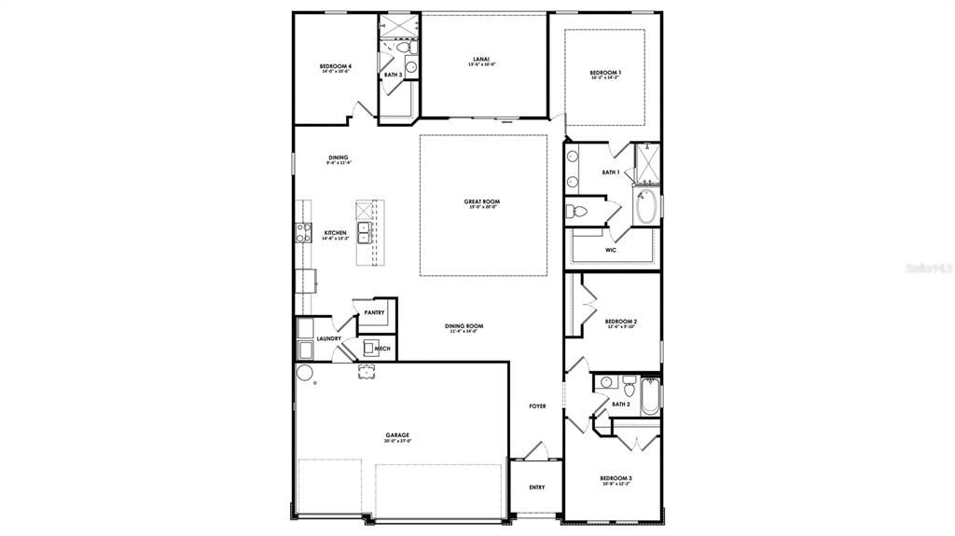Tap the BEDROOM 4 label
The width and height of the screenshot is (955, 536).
335,67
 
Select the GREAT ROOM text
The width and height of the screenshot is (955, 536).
482,201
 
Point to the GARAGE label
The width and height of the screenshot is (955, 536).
398,435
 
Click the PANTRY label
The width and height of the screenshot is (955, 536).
375,313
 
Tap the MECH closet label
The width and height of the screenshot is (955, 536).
382,349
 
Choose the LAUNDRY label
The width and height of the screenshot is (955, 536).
328,339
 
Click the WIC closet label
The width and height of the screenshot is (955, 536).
611,250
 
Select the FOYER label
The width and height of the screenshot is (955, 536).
537,406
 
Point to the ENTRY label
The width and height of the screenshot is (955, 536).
537,488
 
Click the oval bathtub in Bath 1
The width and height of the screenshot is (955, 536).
646,207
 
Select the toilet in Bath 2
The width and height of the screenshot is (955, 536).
629,382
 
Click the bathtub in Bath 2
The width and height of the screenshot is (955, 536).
650,396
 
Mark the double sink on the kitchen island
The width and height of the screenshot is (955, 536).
364,232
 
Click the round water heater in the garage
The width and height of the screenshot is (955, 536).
305,374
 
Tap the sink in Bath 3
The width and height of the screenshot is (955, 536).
410,67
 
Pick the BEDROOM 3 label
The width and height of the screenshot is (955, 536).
616,480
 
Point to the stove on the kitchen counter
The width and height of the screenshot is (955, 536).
302,233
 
